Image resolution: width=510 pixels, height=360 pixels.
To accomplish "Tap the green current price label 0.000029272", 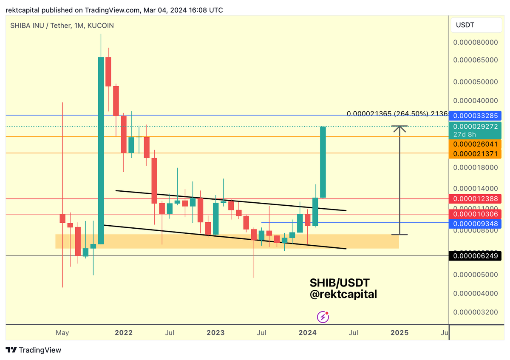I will click(475, 126).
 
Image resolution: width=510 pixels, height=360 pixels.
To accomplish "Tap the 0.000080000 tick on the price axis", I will click(475, 42).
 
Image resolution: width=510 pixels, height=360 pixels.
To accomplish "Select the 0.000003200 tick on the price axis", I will click(475, 312).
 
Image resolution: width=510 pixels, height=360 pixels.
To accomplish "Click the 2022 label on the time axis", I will click(124, 332).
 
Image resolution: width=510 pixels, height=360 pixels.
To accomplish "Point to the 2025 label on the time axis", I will click(399, 332).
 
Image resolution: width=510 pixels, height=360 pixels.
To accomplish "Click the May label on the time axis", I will click(62, 332).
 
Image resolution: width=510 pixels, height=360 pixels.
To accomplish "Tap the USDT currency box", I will click(465, 25).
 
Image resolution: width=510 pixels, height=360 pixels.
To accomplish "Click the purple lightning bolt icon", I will click(323, 317).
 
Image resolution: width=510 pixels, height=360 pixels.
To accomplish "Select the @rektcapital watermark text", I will click(343, 294).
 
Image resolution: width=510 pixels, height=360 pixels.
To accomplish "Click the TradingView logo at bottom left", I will click(34, 350).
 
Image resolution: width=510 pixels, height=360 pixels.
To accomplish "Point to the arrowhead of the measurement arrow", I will click(399, 128).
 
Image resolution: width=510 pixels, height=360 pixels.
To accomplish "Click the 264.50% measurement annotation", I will click(411, 113).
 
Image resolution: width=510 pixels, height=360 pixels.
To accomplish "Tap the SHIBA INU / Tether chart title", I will click(62, 26).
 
